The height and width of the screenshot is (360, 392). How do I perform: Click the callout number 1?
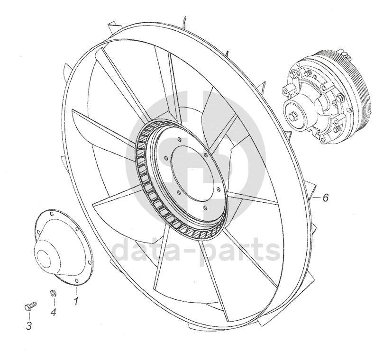click(75, 300)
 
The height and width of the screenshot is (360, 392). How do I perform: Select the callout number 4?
click(53, 313)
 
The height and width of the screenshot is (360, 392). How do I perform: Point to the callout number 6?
click(325, 198)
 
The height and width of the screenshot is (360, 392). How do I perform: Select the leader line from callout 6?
click(315, 198)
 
